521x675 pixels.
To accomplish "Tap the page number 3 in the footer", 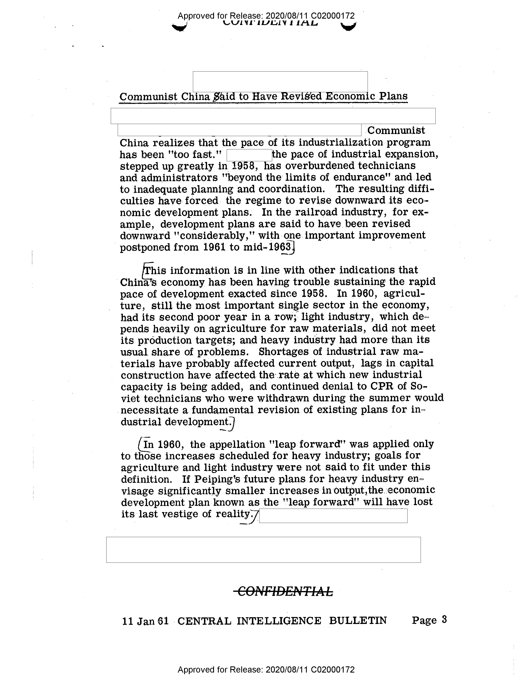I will click(444, 620).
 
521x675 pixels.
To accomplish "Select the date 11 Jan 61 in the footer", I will click(145, 621).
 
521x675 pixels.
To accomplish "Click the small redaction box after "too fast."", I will click(249, 155).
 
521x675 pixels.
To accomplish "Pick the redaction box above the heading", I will click(280, 82).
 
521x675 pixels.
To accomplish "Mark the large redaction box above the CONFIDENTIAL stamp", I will click(263, 550).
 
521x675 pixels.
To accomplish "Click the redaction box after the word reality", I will click(333, 516).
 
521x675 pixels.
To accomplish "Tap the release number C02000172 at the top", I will click(333, 16).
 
